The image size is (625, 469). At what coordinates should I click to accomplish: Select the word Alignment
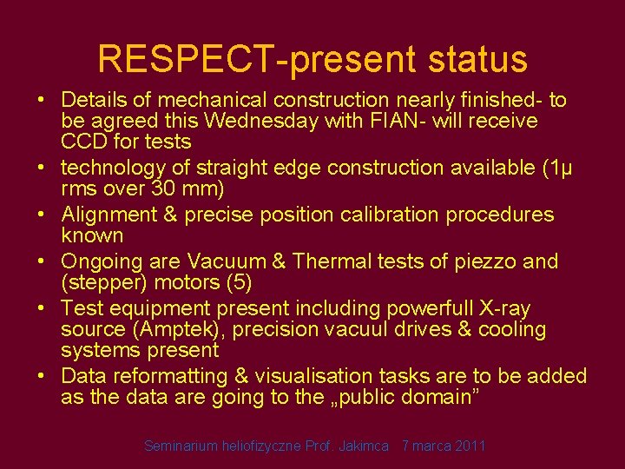point(109,215)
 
